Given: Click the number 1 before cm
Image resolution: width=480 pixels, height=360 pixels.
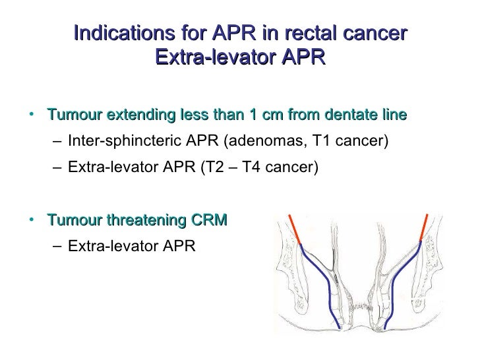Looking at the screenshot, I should click(x=253, y=115).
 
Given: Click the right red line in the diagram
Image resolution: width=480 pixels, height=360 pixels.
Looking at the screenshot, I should click(x=423, y=228).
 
